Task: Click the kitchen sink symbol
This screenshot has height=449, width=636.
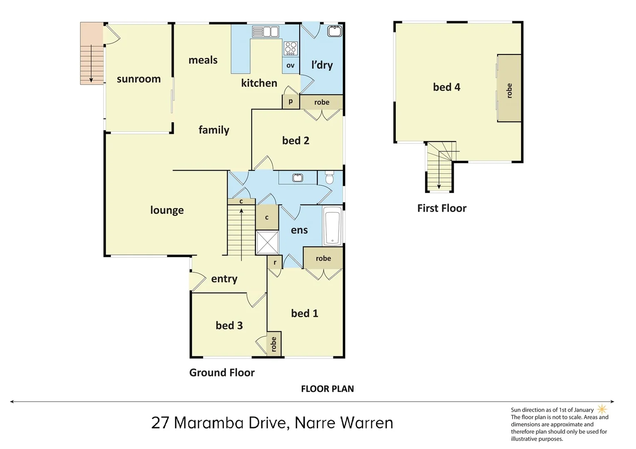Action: click(265, 32)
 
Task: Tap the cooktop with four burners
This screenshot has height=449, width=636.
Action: click(291, 48)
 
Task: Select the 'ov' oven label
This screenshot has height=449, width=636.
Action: click(291, 65)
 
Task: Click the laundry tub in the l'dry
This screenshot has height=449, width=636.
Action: click(335, 31)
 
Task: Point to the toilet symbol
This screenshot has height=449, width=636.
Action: click(330, 178)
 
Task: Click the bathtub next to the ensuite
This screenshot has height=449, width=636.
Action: click(333, 226)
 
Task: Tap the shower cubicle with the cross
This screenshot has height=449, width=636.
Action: click(267, 242)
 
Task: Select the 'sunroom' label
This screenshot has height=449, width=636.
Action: click(139, 79)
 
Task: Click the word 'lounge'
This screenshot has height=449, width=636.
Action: click(167, 210)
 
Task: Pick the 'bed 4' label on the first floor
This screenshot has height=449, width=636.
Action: click(447, 87)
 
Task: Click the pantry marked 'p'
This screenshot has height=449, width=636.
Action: click(291, 101)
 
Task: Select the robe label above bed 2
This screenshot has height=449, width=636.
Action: click(322, 102)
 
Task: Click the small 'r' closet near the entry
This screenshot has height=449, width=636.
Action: click(275, 262)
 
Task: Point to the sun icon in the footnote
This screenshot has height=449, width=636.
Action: click(602, 409)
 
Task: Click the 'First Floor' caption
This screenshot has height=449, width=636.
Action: click(442, 208)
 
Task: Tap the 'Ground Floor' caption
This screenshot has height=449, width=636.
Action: click(222, 373)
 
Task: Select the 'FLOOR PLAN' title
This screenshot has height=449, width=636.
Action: click(327, 389)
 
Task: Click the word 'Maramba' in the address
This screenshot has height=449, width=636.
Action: click(209, 423)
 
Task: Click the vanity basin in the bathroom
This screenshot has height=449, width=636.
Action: click(297, 178)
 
